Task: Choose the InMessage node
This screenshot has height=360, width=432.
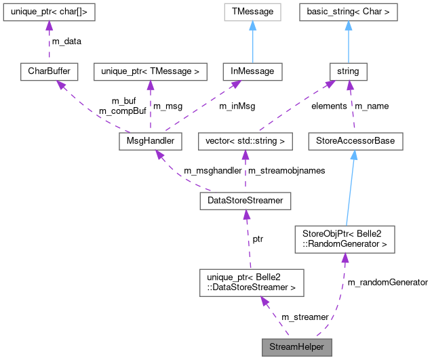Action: pyautogui.click(x=252, y=71)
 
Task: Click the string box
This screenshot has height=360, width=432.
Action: pyautogui.click(x=349, y=71)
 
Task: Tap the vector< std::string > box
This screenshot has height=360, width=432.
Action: pyautogui.click(x=245, y=141)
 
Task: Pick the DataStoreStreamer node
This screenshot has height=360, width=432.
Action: pyautogui.click(x=246, y=201)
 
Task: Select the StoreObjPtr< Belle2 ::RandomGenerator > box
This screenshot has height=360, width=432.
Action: pyautogui.click(x=345, y=240)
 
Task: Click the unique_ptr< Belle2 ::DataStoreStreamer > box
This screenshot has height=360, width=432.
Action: pyautogui.click(x=251, y=282)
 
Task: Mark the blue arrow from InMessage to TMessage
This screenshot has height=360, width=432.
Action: pyautogui.click(x=252, y=41)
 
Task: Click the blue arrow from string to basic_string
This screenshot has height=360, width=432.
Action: pyautogui.click(x=349, y=41)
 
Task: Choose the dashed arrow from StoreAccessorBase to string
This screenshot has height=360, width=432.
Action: pyautogui.click(x=351, y=106)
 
